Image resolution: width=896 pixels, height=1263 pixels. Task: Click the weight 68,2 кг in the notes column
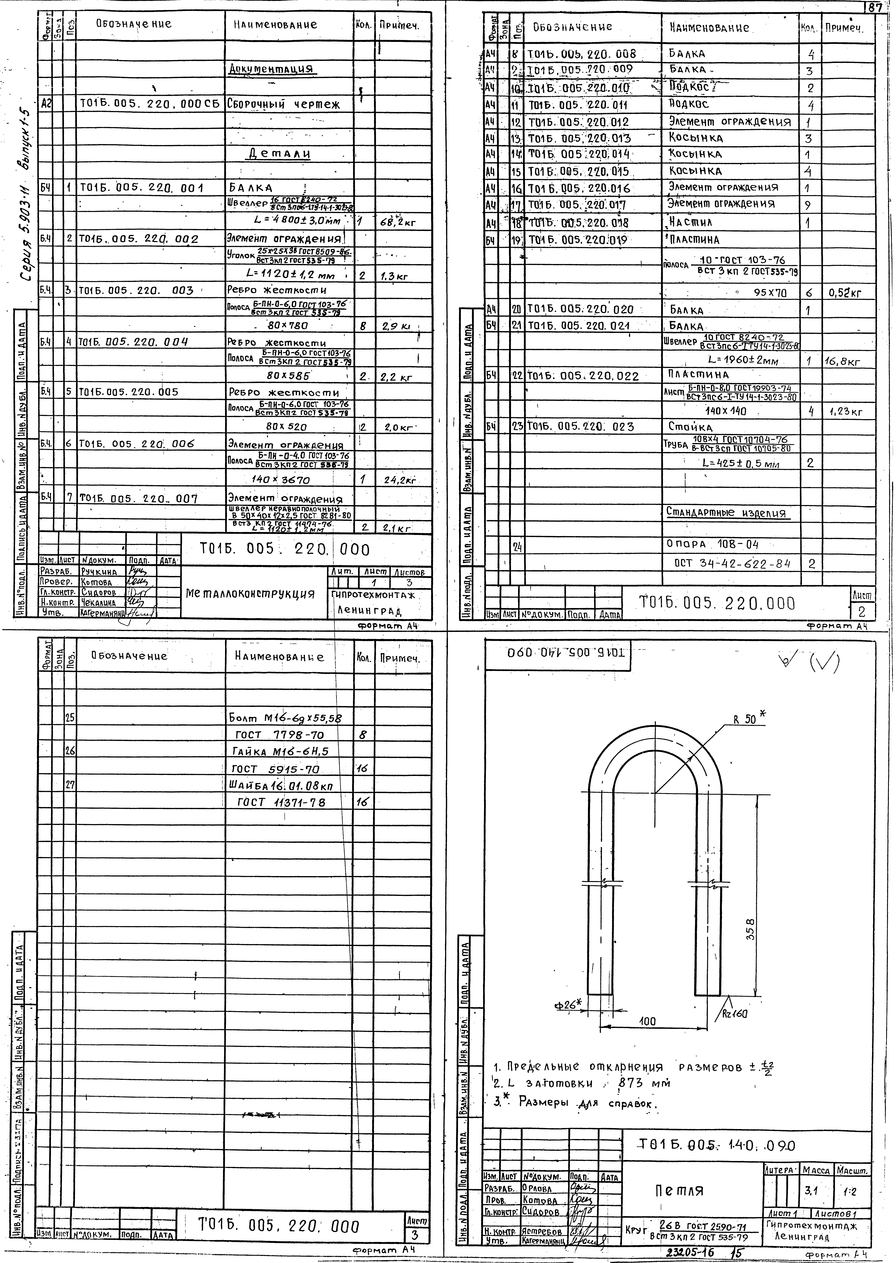click(x=398, y=223)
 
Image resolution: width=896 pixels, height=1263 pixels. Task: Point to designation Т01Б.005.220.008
click(x=583, y=54)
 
